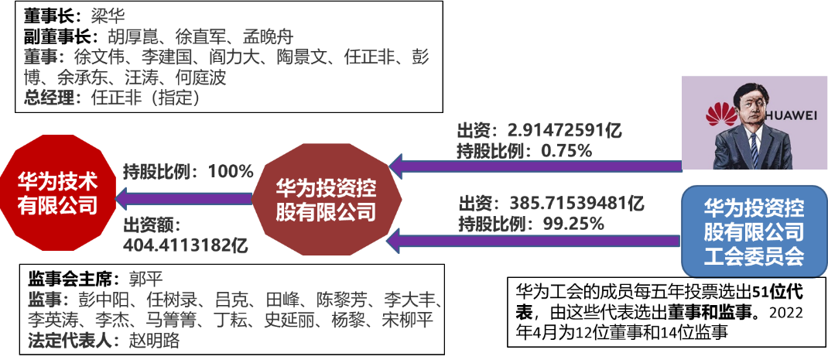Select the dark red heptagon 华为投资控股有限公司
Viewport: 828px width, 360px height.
[326, 199]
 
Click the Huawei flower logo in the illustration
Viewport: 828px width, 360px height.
[722, 118]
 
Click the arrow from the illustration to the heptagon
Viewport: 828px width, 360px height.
[534, 165]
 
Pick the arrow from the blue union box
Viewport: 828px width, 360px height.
[534, 241]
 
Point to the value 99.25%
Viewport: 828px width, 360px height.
[572, 225]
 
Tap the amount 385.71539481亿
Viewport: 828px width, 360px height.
[577, 204]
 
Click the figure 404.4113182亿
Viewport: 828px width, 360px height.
[185, 246]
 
